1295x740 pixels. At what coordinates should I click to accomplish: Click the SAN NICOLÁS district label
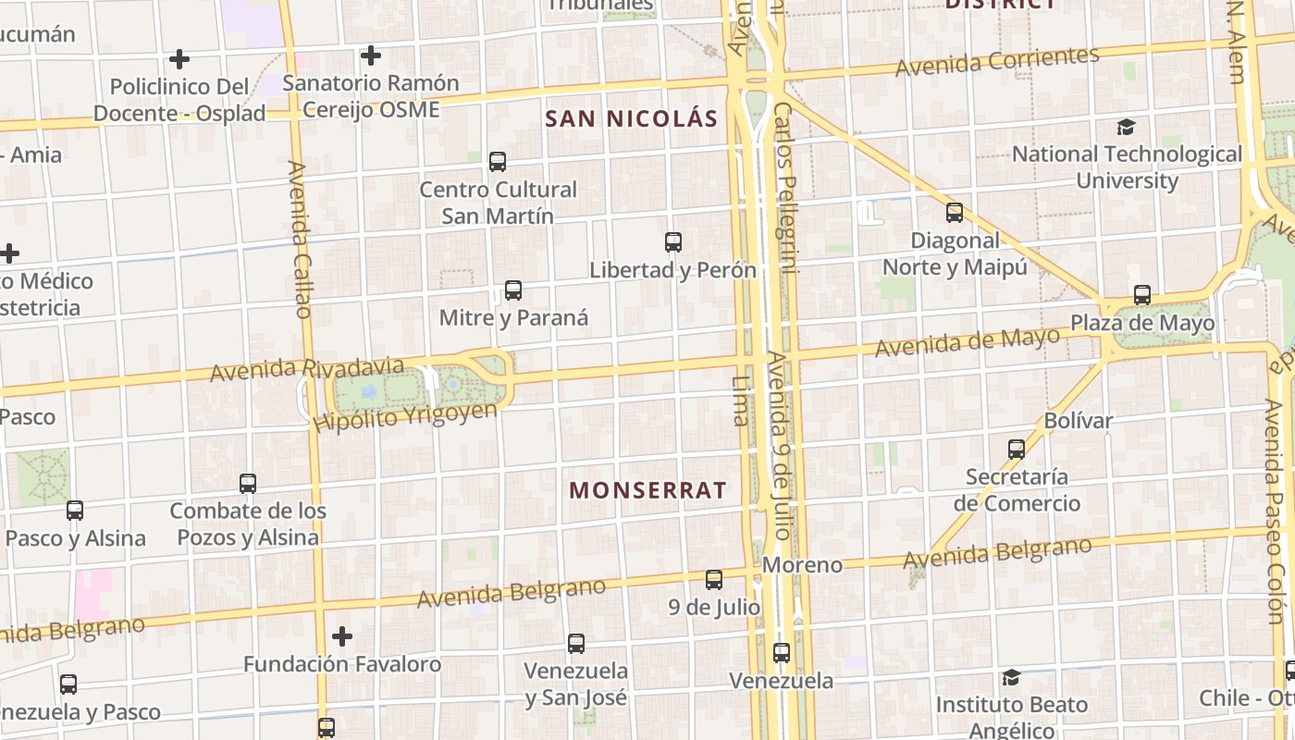(631, 118)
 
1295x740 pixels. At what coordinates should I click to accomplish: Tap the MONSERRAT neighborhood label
(647, 490)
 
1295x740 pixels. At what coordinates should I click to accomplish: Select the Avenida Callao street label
(298, 239)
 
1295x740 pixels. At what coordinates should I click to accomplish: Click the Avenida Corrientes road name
(997, 62)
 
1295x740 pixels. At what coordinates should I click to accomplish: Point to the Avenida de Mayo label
(967, 342)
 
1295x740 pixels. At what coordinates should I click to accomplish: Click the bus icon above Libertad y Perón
(673, 242)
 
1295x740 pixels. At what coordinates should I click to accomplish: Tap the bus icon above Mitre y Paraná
(513, 290)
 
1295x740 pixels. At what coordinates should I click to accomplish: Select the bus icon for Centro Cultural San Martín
(498, 162)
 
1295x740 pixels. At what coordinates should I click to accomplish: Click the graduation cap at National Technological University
(1126, 127)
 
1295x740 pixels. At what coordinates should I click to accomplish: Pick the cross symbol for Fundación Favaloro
(342, 636)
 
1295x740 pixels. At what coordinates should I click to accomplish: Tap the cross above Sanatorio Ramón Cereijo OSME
(371, 55)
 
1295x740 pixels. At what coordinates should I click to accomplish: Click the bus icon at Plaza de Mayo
(1142, 295)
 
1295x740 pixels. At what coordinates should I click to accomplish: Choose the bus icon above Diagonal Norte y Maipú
(955, 213)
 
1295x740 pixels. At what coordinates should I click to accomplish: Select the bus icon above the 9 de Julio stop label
(714, 580)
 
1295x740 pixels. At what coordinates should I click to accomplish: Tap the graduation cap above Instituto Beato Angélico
(1011, 678)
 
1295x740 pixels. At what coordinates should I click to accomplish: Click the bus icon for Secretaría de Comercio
(1017, 450)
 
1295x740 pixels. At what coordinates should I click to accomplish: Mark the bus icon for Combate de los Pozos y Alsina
(248, 483)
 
